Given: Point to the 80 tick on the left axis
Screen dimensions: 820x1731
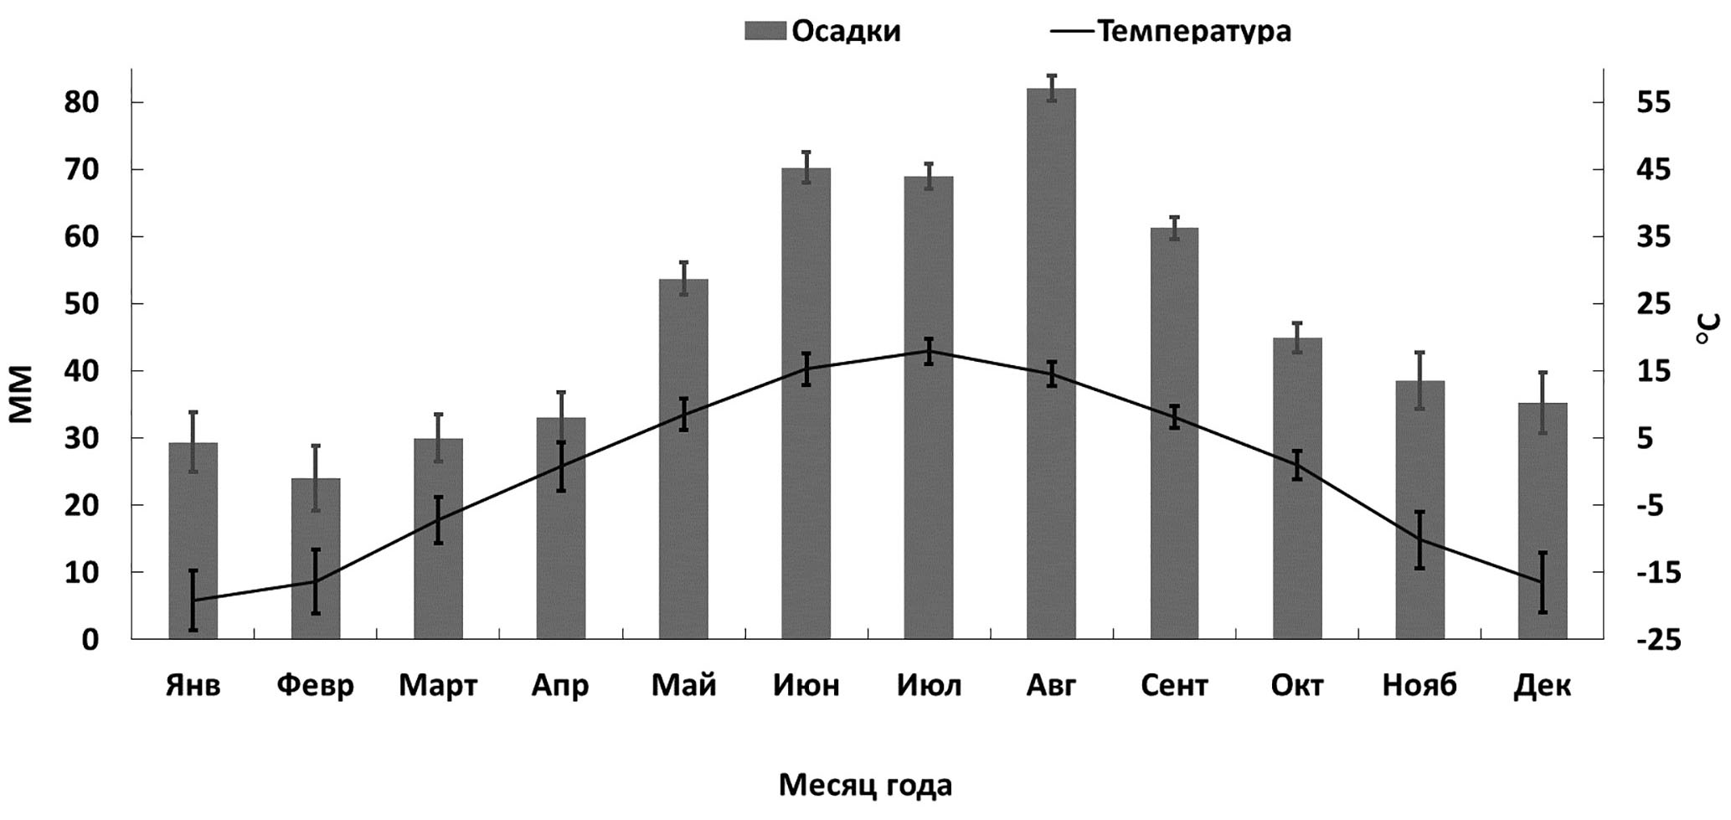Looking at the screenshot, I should click(80, 102).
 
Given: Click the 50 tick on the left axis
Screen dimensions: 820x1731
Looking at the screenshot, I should click(80, 303).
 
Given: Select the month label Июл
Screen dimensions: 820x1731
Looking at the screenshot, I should click(929, 686).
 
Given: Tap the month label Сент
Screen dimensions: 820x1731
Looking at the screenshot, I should click(1174, 686).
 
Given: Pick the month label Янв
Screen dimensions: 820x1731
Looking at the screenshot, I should click(193, 686).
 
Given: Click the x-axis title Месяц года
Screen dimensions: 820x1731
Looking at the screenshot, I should click(865, 786).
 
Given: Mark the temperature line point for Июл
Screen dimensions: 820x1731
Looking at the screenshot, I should click(929, 351).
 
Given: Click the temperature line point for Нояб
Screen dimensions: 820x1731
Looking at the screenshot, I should click(1419, 540).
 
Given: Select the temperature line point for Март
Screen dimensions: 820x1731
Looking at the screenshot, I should click(438, 520).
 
